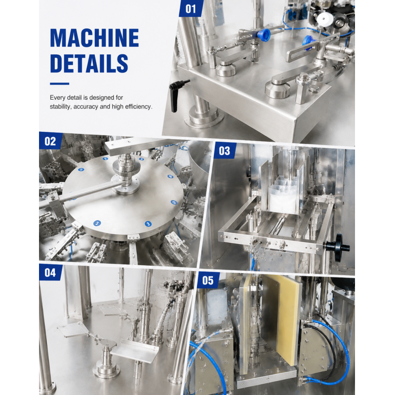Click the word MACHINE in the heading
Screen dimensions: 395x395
tap(94, 38)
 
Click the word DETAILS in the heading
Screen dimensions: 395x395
tap(89, 63)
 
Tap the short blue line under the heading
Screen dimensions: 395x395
tap(59, 83)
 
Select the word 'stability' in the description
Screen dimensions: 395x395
tap(60, 107)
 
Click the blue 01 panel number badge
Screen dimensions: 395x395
tap(191, 9)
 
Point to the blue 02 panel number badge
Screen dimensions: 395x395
tap(50, 141)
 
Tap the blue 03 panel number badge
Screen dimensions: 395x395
tap(225, 151)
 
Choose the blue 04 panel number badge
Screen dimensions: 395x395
tap(50, 273)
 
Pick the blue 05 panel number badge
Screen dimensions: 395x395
tap(208, 280)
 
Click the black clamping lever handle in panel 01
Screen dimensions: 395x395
tap(175, 96)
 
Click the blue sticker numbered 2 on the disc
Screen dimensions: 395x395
tap(97, 223)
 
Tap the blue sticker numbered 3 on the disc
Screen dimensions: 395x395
tap(148, 224)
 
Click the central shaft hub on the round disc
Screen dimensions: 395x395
tap(125, 174)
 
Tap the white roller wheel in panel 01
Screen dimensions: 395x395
tap(325, 18)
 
